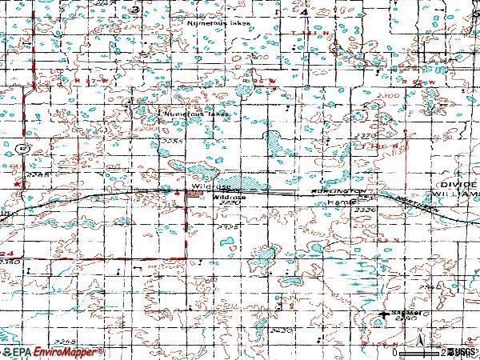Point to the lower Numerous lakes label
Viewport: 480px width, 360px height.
click(x=196, y=114)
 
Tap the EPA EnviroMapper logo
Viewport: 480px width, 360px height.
click(x=53, y=351)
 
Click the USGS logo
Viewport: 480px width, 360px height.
click(x=462, y=351)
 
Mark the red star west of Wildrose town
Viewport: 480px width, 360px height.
click(x=176, y=191)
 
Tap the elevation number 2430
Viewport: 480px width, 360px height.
click(x=280, y=329)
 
